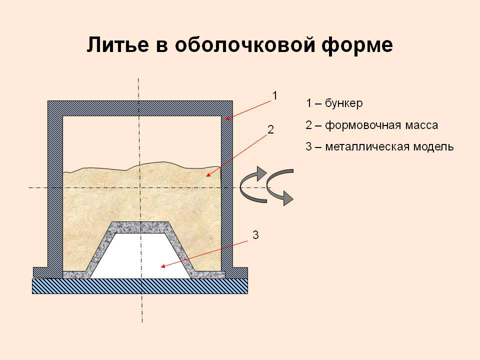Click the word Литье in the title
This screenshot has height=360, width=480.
tap(118, 44)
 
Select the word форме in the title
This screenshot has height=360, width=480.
tap(357, 46)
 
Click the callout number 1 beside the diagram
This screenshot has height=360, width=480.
tap(274, 96)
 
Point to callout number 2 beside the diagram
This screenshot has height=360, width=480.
tap(270, 130)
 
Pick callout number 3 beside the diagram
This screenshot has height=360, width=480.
tap(255, 235)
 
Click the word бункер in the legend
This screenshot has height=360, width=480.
tap(344, 103)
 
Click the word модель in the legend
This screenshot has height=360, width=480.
tap(433, 147)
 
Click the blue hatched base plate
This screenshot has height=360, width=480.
tap(140, 286)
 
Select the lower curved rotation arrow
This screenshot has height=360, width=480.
tap(280, 186)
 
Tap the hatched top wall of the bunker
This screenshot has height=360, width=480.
tap(140, 108)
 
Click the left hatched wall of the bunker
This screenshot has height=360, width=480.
tap(55, 189)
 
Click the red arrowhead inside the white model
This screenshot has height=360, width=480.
tap(163, 266)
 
